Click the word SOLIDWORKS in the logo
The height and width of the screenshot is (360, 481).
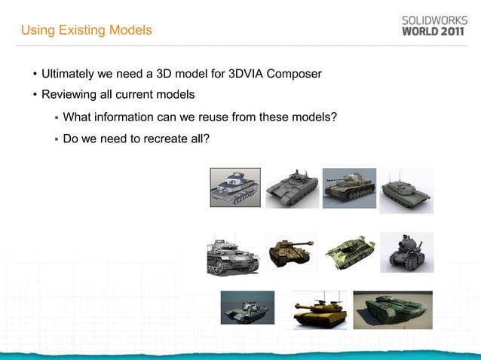click(433, 20)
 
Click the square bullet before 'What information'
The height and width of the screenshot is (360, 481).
click(56, 117)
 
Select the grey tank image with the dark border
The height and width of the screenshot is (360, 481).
click(234, 187)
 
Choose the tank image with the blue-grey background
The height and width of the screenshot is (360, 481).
click(349, 188)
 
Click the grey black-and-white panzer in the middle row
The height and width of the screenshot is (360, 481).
click(233, 255)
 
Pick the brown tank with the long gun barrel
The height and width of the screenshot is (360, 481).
click(291, 252)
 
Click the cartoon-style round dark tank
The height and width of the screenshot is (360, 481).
click(406, 252)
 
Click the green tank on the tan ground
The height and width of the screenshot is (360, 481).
click(392, 310)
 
